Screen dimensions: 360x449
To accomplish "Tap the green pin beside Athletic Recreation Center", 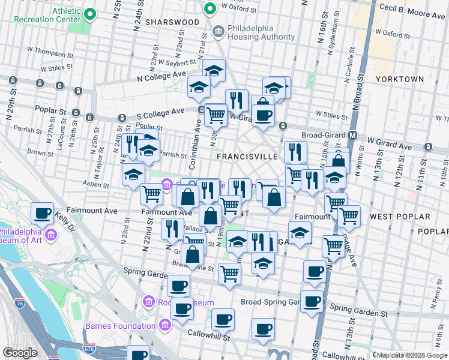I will pyautogui.click(x=90, y=14).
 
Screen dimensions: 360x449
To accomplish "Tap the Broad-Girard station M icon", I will pyautogui.click(x=353, y=136).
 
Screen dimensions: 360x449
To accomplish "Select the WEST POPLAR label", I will pyautogui.click(x=400, y=216).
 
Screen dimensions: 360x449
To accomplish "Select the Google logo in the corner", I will pyautogui.click(x=20, y=353).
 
